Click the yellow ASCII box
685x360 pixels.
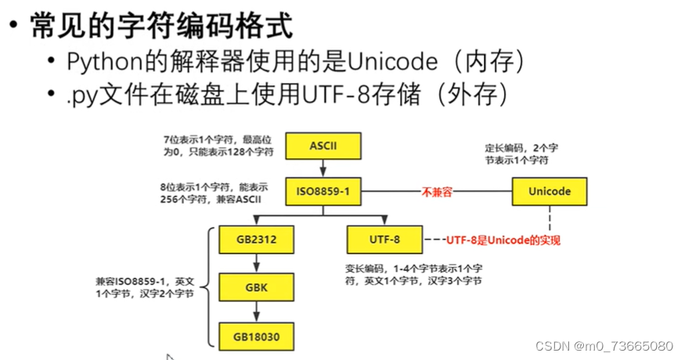322,146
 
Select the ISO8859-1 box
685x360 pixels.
322,191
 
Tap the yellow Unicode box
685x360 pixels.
549,191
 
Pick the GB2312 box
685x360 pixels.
250,239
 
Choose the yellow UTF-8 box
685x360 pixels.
384,239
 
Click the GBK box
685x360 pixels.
250,287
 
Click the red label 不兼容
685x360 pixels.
438,191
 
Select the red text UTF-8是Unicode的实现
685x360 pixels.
503,239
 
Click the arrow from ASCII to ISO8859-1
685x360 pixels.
322,168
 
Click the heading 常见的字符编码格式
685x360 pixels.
160,27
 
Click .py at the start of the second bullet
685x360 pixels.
79,95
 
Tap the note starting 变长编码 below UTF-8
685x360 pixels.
413,274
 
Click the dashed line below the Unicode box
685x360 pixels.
549,219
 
